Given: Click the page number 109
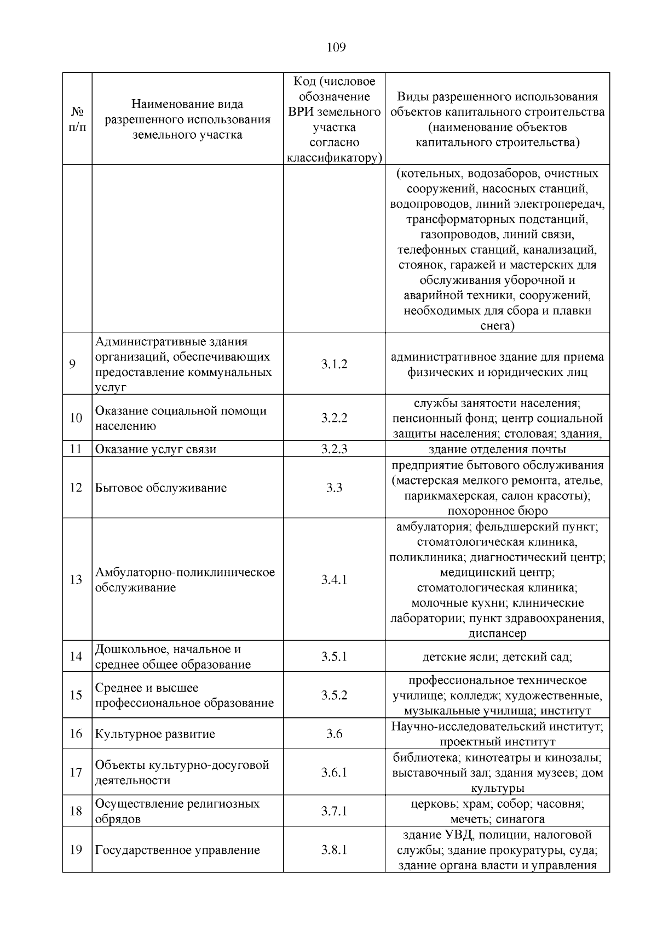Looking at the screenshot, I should [x=336, y=48].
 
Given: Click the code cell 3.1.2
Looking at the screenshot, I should [x=334, y=364].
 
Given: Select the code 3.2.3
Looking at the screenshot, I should [x=334, y=449].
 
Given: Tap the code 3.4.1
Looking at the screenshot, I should [x=334, y=579].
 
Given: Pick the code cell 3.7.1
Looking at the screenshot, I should [x=334, y=811].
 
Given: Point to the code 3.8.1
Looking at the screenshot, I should [x=334, y=850].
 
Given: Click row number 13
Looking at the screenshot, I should [x=76, y=579].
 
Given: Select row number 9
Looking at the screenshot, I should [x=72, y=364].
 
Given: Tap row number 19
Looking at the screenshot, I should [x=76, y=850].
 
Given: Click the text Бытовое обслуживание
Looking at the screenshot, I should [x=161, y=488].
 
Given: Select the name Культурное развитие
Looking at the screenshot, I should [x=155, y=734].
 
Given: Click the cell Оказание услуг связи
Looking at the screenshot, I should [x=155, y=449].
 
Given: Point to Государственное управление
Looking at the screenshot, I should [x=177, y=850].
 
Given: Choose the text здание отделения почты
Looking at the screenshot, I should [x=497, y=449].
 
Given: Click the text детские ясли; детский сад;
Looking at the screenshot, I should [x=497, y=657].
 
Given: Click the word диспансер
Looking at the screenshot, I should [x=497, y=634].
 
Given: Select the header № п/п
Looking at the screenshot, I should [x=77, y=119].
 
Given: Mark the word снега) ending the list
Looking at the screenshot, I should [x=497, y=326].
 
